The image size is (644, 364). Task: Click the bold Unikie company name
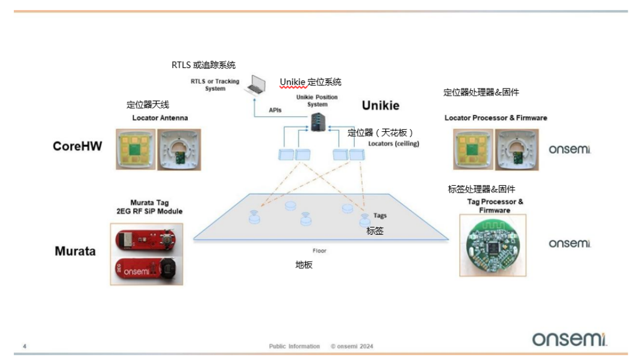tap(380, 105)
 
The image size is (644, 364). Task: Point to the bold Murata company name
tap(75, 251)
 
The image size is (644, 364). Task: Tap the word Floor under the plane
tap(319, 250)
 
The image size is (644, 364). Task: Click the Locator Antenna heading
tap(160, 118)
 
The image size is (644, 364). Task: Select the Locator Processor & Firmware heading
tap(495, 118)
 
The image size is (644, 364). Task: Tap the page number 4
tap(25, 346)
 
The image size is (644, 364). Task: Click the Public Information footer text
tap(295, 346)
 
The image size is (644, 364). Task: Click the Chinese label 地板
tap(304, 265)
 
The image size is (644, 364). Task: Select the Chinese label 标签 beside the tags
tap(375, 230)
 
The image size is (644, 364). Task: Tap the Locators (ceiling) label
tap(393, 144)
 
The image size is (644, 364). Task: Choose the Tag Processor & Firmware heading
tap(495, 206)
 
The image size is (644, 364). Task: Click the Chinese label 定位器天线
tap(148, 104)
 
